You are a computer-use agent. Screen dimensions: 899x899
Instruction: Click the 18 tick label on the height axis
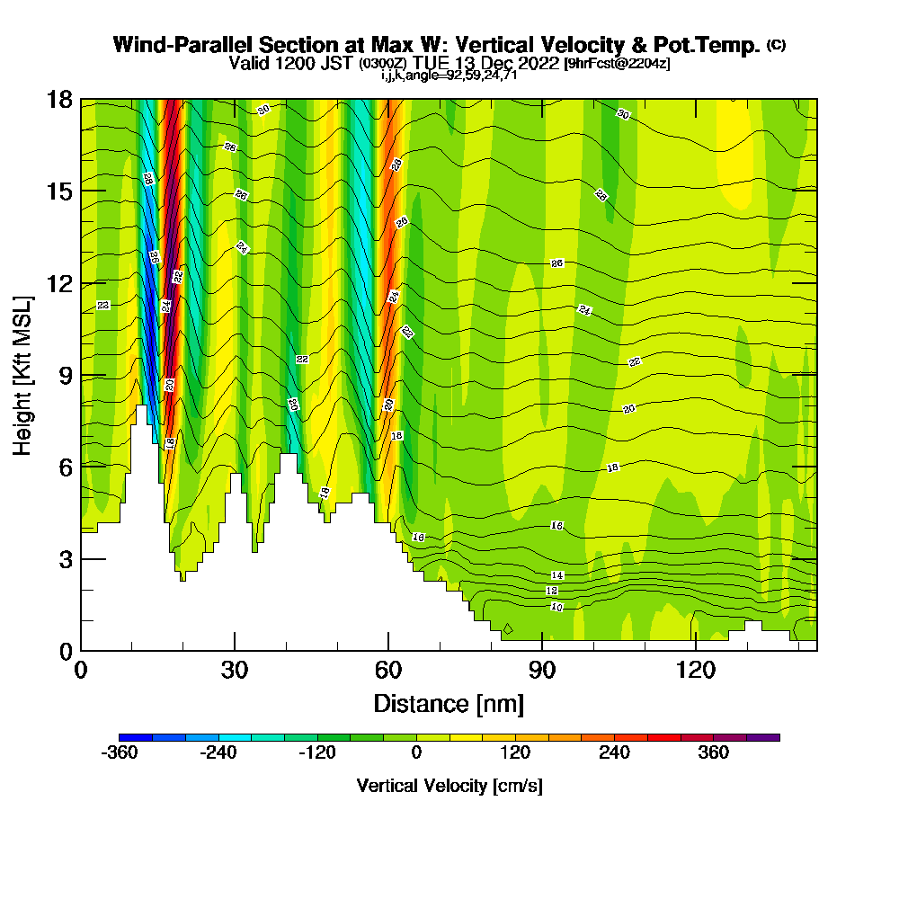58,99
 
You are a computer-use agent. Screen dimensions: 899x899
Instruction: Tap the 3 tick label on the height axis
64,558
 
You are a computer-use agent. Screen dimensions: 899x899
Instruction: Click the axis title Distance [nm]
449,702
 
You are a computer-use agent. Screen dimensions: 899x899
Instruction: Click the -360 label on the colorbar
120,753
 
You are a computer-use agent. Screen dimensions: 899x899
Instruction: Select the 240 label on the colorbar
615,753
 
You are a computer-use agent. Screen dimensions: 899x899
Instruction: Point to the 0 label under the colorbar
416,753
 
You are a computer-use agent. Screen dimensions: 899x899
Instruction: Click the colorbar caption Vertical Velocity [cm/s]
449,786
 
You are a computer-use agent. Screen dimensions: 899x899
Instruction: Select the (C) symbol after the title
776,45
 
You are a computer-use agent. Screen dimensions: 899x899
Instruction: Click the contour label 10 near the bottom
556,608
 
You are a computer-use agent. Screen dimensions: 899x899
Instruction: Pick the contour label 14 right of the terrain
556,575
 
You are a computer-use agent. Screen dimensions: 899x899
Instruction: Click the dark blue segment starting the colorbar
136,737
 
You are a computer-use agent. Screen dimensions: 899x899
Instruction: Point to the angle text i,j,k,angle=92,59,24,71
449,76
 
